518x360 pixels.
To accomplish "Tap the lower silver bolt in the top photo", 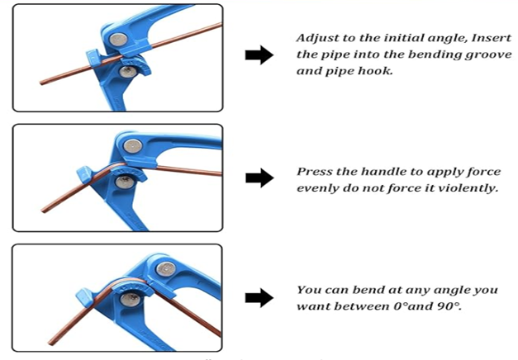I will click(127, 73).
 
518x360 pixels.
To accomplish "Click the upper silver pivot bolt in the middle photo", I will click(131, 148).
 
